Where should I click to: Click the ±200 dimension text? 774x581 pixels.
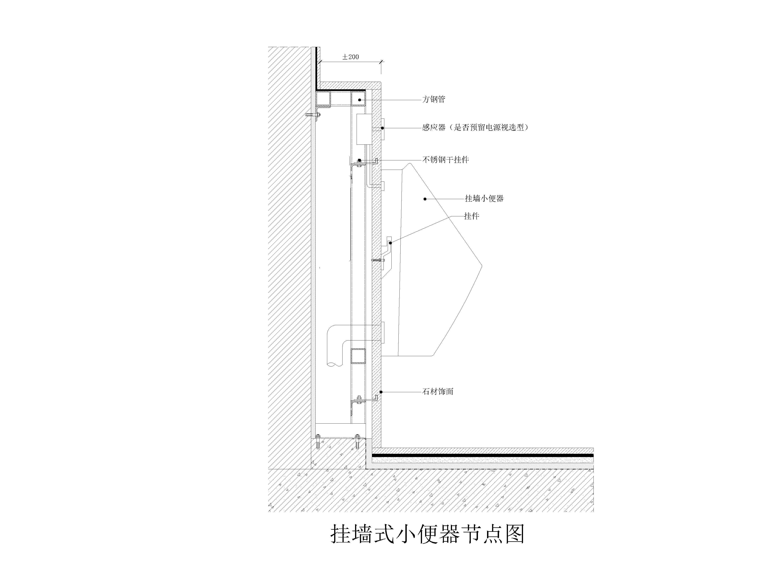[x=350, y=57]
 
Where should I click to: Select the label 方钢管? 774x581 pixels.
[x=434, y=100]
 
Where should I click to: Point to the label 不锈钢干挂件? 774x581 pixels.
[x=445, y=160]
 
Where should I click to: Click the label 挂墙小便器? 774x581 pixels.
[x=484, y=199]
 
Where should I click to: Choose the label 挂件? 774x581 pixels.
[x=471, y=216]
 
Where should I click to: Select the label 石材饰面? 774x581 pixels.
[x=438, y=392]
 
